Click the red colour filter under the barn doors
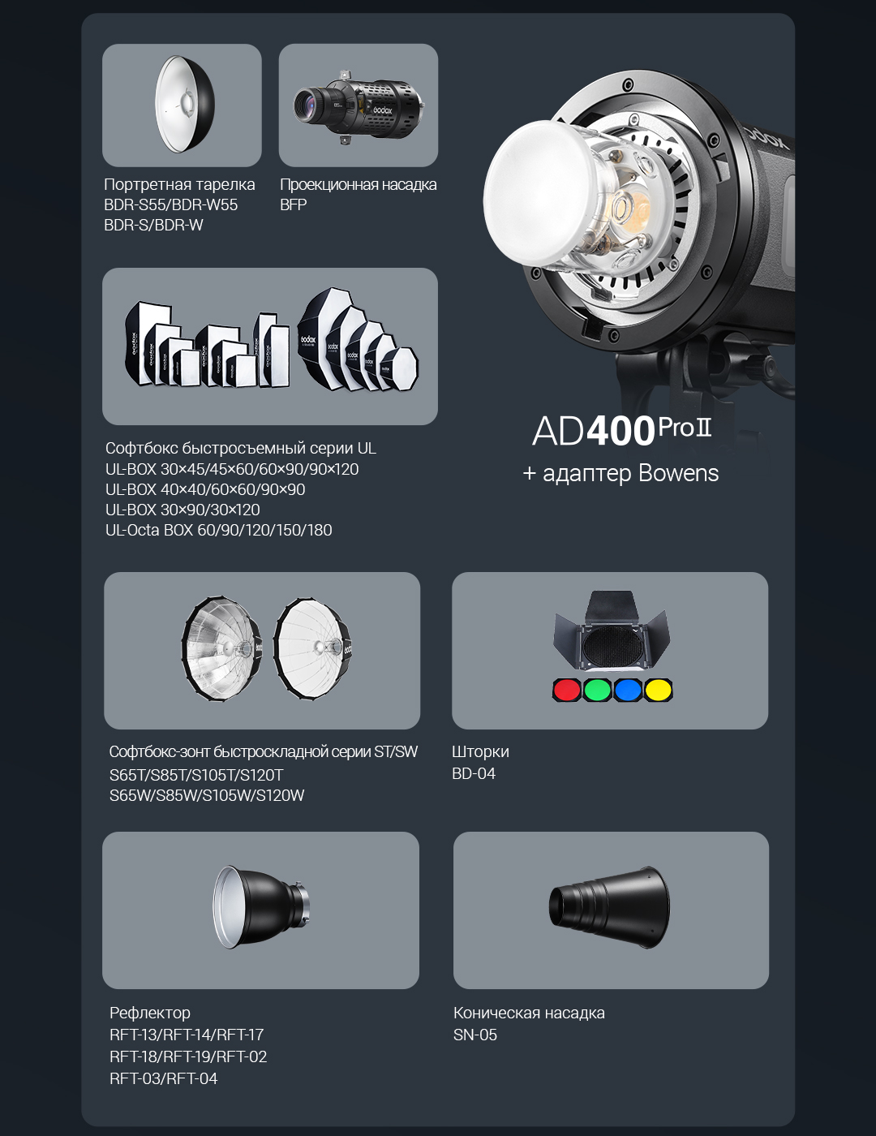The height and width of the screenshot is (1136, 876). [567, 690]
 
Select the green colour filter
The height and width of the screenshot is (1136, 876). [598, 690]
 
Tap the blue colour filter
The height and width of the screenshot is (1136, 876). [628, 690]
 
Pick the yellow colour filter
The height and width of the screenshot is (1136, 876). [658, 690]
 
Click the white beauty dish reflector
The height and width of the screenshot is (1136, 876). [185, 105]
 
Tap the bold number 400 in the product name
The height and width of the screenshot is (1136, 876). [620, 432]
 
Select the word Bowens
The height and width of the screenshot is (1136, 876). [678, 473]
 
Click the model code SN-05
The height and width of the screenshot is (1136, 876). [475, 1035]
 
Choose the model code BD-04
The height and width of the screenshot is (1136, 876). [474, 773]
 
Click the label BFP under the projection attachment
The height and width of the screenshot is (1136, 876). [293, 204]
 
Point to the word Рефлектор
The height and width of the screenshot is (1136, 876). [150, 1013]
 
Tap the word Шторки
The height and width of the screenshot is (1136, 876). [480, 751]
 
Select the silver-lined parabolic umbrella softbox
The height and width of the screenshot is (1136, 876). [222, 648]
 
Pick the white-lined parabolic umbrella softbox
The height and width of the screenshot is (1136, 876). [312, 648]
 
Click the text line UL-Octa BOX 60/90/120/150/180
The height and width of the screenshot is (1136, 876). [219, 530]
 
